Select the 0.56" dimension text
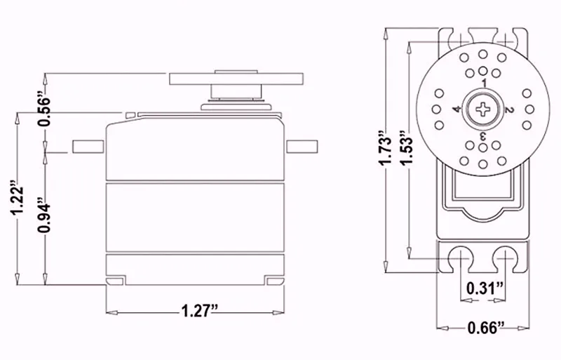[x=44, y=111]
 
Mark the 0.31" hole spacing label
[x=485, y=288]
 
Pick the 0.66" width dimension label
[x=486, y=328]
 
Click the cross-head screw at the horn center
[x=483, y=109]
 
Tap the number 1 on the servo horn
[x=484, y=83]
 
